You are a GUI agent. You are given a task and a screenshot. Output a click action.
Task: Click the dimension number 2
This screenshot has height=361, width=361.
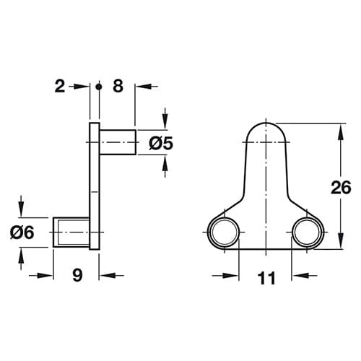click(x=60, y=87)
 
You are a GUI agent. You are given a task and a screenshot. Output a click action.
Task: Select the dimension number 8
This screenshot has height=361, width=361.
click(x=118, y=86)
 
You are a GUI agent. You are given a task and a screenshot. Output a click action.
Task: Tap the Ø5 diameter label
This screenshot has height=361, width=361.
click(x=161, y=144)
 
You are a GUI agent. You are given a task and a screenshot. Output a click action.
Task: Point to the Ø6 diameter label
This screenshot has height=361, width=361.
click(x=22, y=232)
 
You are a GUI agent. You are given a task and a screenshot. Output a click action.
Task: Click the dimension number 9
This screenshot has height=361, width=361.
click(x=77, y=276)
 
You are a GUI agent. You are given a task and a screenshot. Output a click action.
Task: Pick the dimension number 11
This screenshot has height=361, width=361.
click(x=266, y=278)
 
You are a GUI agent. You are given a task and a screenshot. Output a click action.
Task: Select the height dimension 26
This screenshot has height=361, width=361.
click(x=341, y=188)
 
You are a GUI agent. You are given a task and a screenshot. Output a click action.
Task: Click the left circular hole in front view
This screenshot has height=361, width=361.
click(x=225, y=232)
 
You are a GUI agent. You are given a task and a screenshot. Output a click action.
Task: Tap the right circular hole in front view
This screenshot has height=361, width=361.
click(x=307, y=232)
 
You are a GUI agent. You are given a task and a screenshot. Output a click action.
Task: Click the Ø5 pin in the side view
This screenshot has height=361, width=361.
click(x=118, y=142)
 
